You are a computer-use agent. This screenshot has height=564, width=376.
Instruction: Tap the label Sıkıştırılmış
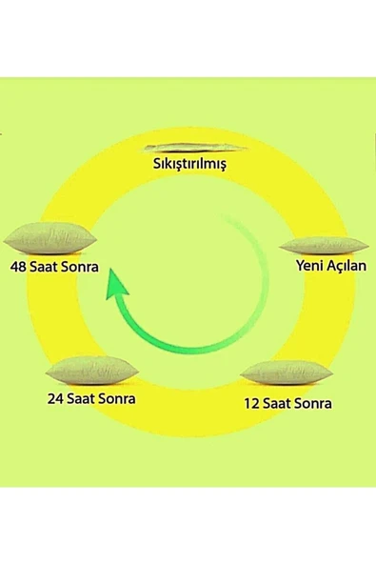click(189, 163)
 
